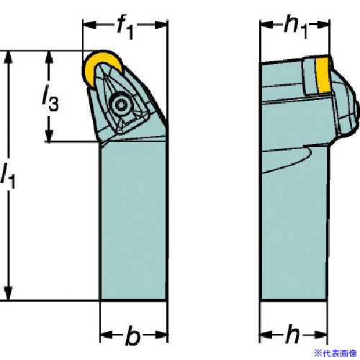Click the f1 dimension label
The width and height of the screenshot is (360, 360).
click(x=125, y=27)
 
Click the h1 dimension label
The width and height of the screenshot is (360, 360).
click(x=295, y=27)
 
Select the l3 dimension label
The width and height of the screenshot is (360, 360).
click(x=50, y=98)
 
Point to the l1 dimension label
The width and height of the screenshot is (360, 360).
click(x=8, y=175)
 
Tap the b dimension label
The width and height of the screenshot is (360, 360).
click(x=132, y=336)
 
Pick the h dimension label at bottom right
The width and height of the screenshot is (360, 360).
click(x=292, y=333)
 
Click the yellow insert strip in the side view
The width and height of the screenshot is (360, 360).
click(x=323, y=74)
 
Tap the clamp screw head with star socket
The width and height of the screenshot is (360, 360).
click(x=120, y=104)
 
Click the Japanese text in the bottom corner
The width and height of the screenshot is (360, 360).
click(x=336, y=353)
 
